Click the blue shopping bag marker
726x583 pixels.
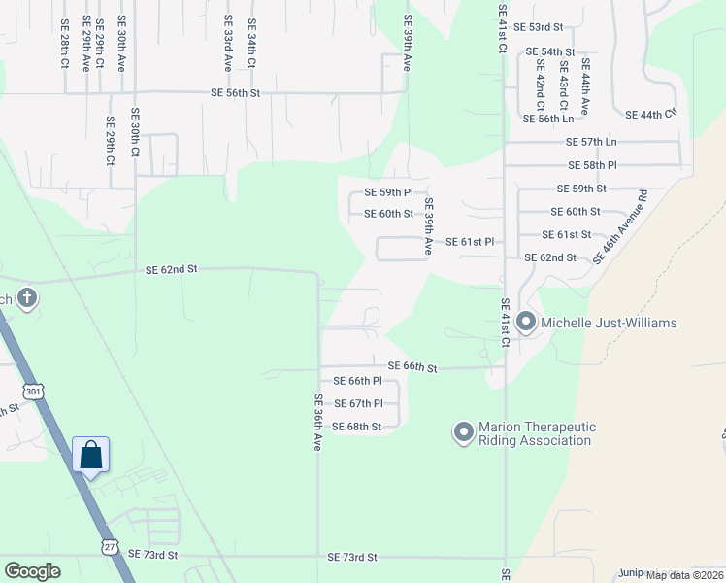pyautogui.click(x=90, y=455)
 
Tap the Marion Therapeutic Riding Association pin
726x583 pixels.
pyautogui.click(x=463, y=429)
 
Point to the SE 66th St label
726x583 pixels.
pyautogui.click(x=412, y=366)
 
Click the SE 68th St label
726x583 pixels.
pyautogui.click(x=356, y=427)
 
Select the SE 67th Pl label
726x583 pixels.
pyautogui.click(x=358, y=403)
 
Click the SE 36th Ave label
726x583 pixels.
pyautogui.click(x=317, y=421)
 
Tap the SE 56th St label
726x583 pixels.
pyautogui.click(x=236, y=93)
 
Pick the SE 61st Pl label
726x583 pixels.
pyautogui.click(x=470, y=241)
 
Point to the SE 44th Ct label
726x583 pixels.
pyautogui.click(x=650, y=115)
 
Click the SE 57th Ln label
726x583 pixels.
pyautogui.click(x=591, y=142)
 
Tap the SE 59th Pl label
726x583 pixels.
pyautogui.click(x=388, y=193)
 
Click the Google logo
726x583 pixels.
pyautogui.click(x=33, y=571)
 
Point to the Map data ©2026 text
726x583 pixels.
pyautogui.click(x=684, y=575)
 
